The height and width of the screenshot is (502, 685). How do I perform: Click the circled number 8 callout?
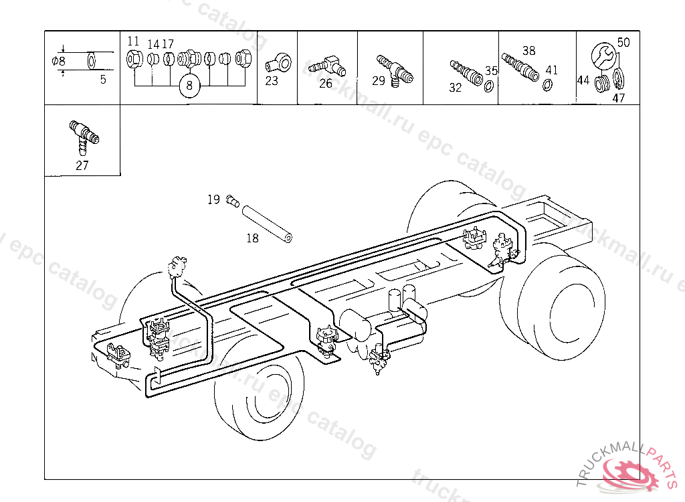pyautogui.click(x=189, y=86)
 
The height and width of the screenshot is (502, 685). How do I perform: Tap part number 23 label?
pyautogui.click(x=271, y=82)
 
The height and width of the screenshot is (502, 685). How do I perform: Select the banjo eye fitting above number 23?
pyautogui.click(x=278, y=64)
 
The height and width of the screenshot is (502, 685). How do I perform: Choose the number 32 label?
pyautogui.click(x=456, y=88)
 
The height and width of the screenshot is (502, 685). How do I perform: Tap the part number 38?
pyautogui.click(x=529, y=51)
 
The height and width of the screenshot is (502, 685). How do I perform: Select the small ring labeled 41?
pyautogui.click(x=547, y=84)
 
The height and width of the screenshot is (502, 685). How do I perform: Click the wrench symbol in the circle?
pyautogui.click(x=603, y=55)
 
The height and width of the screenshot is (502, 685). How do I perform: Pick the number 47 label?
pyautogui.click(x=618, y=98)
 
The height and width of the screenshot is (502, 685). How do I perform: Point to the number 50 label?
pyautogui.click(x=623, y=42)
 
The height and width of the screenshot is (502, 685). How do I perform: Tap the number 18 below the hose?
pyautogui.click(x=252, y=238)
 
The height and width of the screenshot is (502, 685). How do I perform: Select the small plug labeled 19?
pyautogui.click(x=232, y=199)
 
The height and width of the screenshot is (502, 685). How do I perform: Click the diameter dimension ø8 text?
pyautogui.click(x=59, y=61)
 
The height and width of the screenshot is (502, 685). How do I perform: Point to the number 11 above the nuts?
pyautogui.click(x=133, y=41)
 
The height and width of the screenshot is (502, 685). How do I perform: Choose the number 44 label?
pyautogui.click(x=583, y=80)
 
